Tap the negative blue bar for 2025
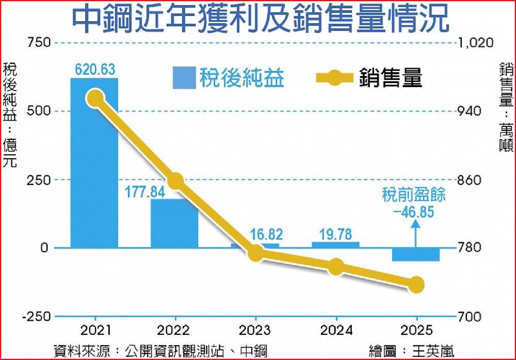pos(415,255)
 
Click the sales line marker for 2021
pos(95,98)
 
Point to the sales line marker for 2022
pos(176,181)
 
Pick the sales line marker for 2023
pos(256,253)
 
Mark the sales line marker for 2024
pos(336,267)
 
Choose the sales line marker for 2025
pos(416,284)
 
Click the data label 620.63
pos(94,69)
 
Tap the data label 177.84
pos(145,192)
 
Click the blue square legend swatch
pos(184,78)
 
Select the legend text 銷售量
pos(391,78)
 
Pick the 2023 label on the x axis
pos(256,331)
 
